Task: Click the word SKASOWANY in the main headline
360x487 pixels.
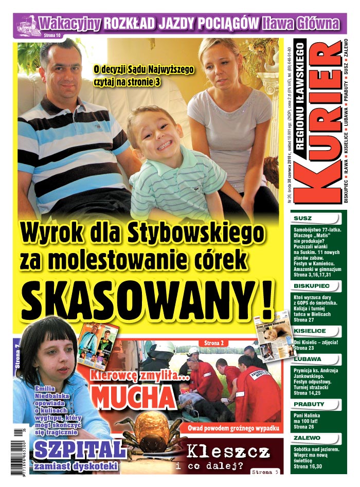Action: pyautogui.click(x=139, y=300)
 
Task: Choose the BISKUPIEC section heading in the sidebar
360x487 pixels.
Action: pyautogui.click(x=308, y=285)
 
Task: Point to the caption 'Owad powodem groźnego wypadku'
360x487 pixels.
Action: pyautogui.click(x=240, y=428)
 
